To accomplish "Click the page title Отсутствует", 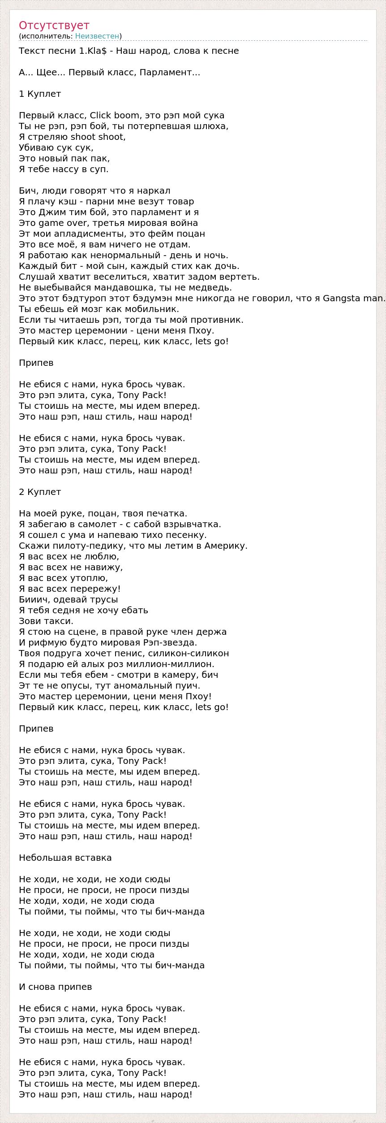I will coord(54,26).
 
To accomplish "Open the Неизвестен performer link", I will coord(97,36).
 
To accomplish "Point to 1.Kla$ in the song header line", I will coord(93,51).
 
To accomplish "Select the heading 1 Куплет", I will coord(40,94).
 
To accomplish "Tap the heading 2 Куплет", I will coord(40,492).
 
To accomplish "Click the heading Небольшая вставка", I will coord(65,858).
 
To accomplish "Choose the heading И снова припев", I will coord(56,987).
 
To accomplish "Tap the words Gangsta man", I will coord(353,298).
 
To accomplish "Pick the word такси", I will coord(60,621).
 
